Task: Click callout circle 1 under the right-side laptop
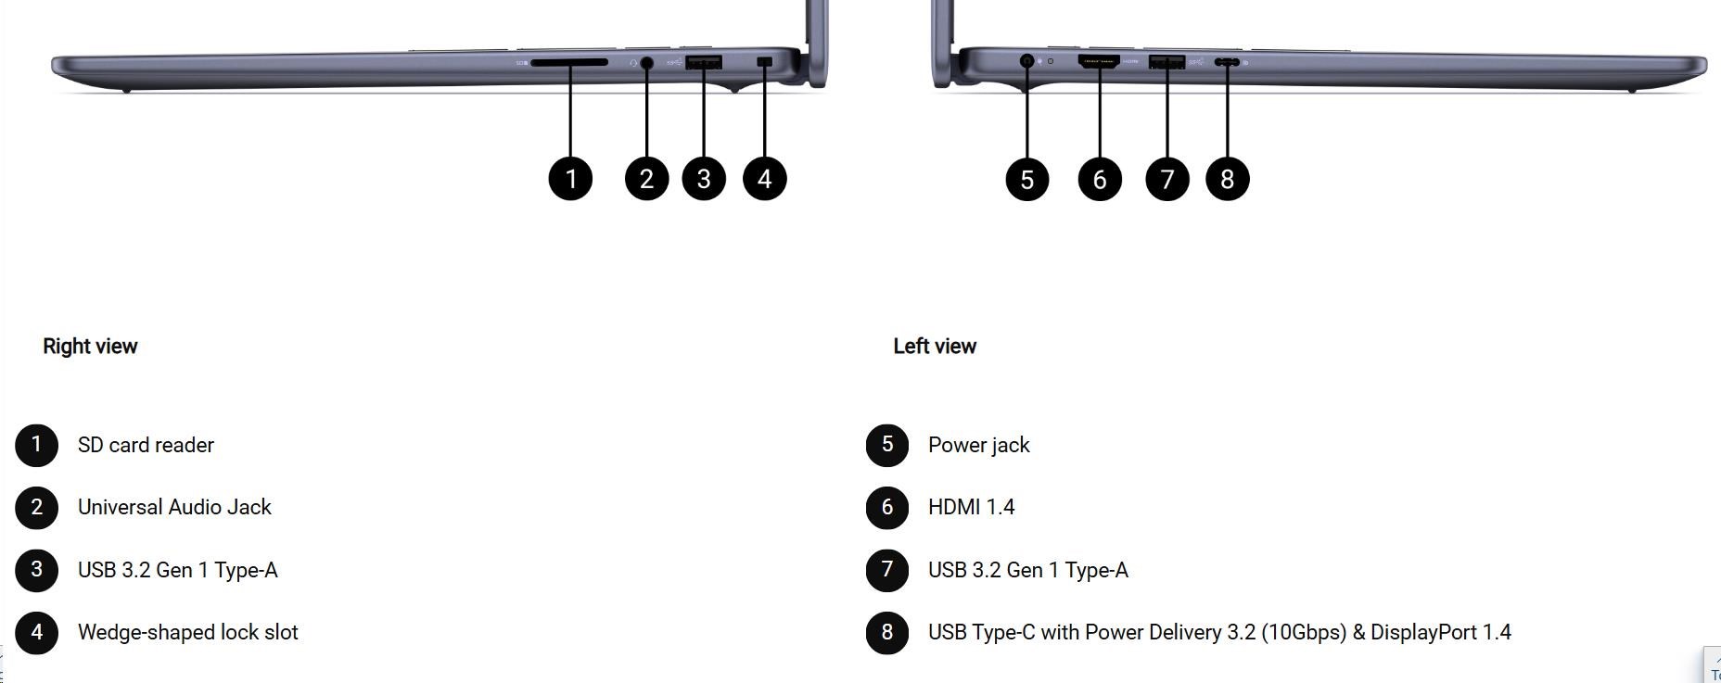(570, 178)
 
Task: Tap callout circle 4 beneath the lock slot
(765, 178)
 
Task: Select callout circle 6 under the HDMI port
(1100, 179)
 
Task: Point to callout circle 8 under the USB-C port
(1228, 179)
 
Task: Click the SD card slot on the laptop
(569, 62)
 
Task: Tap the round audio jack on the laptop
(646, 62)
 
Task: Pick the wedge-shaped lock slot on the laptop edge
(764, 61)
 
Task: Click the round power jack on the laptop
(1026, 61)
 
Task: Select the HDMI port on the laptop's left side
(1099, 61)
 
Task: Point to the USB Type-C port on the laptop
(1227, 62)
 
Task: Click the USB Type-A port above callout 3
(704, 62)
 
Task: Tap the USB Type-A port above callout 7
(1166, 62)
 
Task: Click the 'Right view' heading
(90, 346)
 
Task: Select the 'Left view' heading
(935, 346)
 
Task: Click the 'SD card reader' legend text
(146, 445)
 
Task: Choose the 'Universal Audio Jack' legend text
(174, 507)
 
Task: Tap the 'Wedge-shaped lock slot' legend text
(187, 632)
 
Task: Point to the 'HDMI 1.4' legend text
(971, 507)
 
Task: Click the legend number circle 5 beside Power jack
(887, 445)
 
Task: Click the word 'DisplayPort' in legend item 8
(1423, 632)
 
